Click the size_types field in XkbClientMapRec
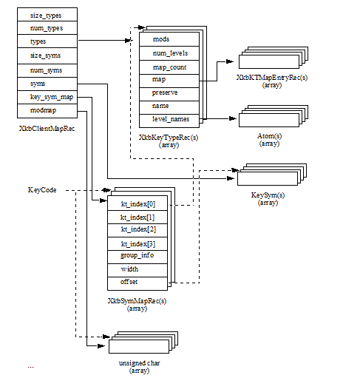click(46, 15)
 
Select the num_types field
click(46, 28)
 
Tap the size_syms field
click(46, 56)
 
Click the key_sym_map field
click(46, 97)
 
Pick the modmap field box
click(46, 110)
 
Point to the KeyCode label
click(43, 191)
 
